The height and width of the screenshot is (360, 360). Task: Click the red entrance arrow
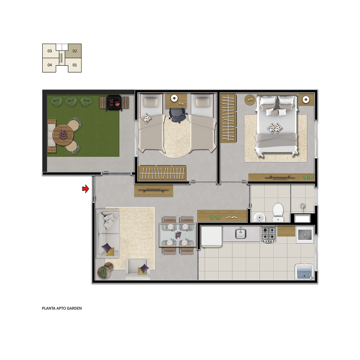[x=85, y=189]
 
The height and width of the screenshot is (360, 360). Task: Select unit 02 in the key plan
[x=75, y=51]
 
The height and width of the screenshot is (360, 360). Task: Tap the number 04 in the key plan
[x=49, y=65]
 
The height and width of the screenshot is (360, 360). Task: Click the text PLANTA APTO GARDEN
[x=62, y=308]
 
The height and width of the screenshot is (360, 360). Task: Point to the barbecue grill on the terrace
[x=114, y=103]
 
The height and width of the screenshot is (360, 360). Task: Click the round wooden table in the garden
[x=63, y=135]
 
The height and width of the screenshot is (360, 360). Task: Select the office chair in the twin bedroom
[x=177, y=115]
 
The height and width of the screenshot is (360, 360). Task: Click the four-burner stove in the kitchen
[x=269, y=234]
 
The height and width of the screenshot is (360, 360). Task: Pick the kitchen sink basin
[x=241, y=234]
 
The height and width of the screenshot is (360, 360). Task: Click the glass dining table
[x=178, y=235]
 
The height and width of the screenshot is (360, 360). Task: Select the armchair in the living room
[x=138, y=269]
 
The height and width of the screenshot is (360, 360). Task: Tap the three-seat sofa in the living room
[x=108, y=233]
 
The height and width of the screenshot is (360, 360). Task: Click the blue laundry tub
[x=304, y=272]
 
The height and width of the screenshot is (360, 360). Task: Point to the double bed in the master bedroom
[x=276, y=126]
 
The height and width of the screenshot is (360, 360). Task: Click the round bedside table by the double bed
[x=250, y=99]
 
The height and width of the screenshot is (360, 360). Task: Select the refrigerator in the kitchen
[x=211, y=237]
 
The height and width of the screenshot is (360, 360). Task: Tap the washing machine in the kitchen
[x=305, y=234]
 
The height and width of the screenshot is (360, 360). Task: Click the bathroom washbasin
[x=260, y=217]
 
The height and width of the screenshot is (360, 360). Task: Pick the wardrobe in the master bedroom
[x=229, y=118]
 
